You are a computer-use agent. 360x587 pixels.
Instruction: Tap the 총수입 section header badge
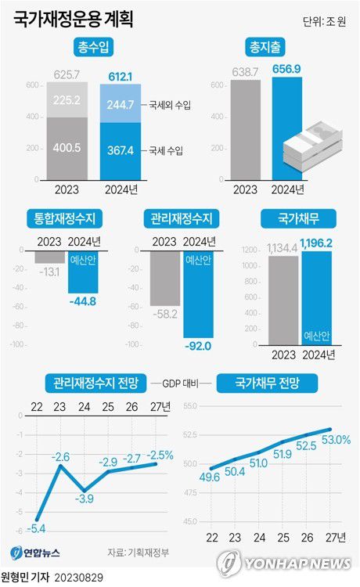pyautogui.click(x=92, y=49)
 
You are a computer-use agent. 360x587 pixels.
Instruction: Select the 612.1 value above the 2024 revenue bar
pyautogui.click(x=122, y=74)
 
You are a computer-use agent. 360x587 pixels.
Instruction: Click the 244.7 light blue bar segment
pyautogui.click(x=122, y=105)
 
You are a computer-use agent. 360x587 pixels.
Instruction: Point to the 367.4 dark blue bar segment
pyautogui.click(x=122, y=146)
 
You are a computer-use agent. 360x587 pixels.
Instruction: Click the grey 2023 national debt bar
pyautogui.click(x=283, y=301)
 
